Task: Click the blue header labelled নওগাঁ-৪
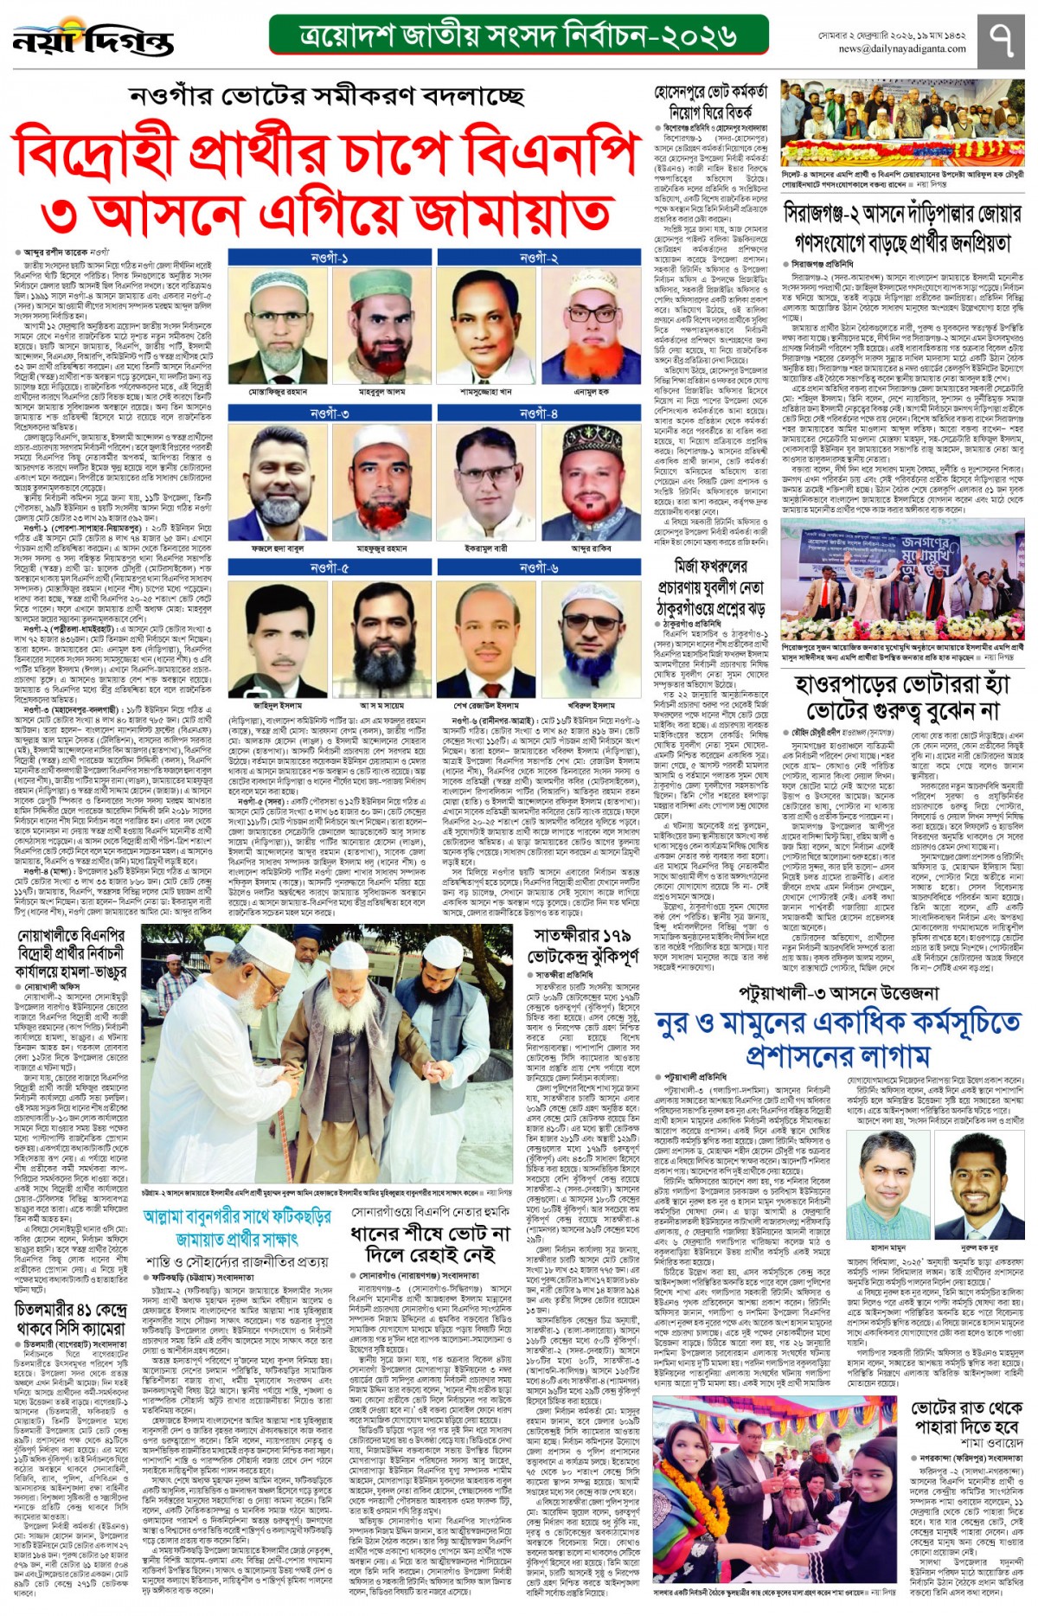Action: click(539, 414)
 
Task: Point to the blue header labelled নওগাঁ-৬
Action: click(539, 568)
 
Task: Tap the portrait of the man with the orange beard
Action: click(593, 328)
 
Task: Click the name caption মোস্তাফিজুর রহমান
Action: click(279, 392)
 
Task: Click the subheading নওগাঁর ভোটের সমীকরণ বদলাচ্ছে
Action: click(327, 94)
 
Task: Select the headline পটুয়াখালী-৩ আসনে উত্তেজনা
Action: click(838, 993)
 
